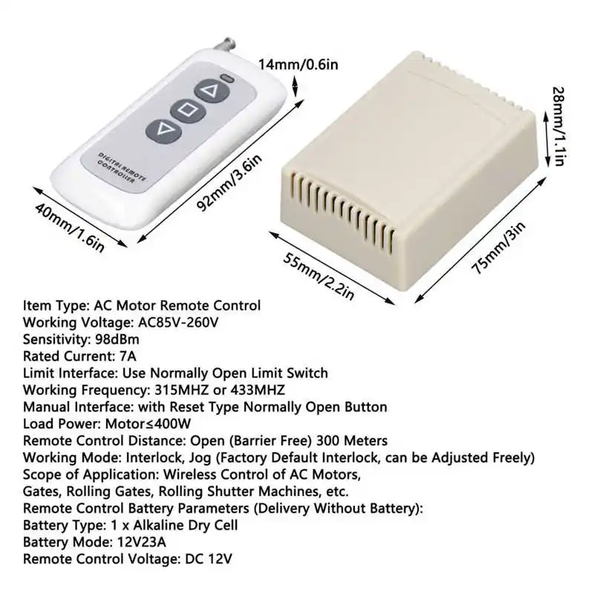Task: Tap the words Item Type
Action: (x=53, y=305)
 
